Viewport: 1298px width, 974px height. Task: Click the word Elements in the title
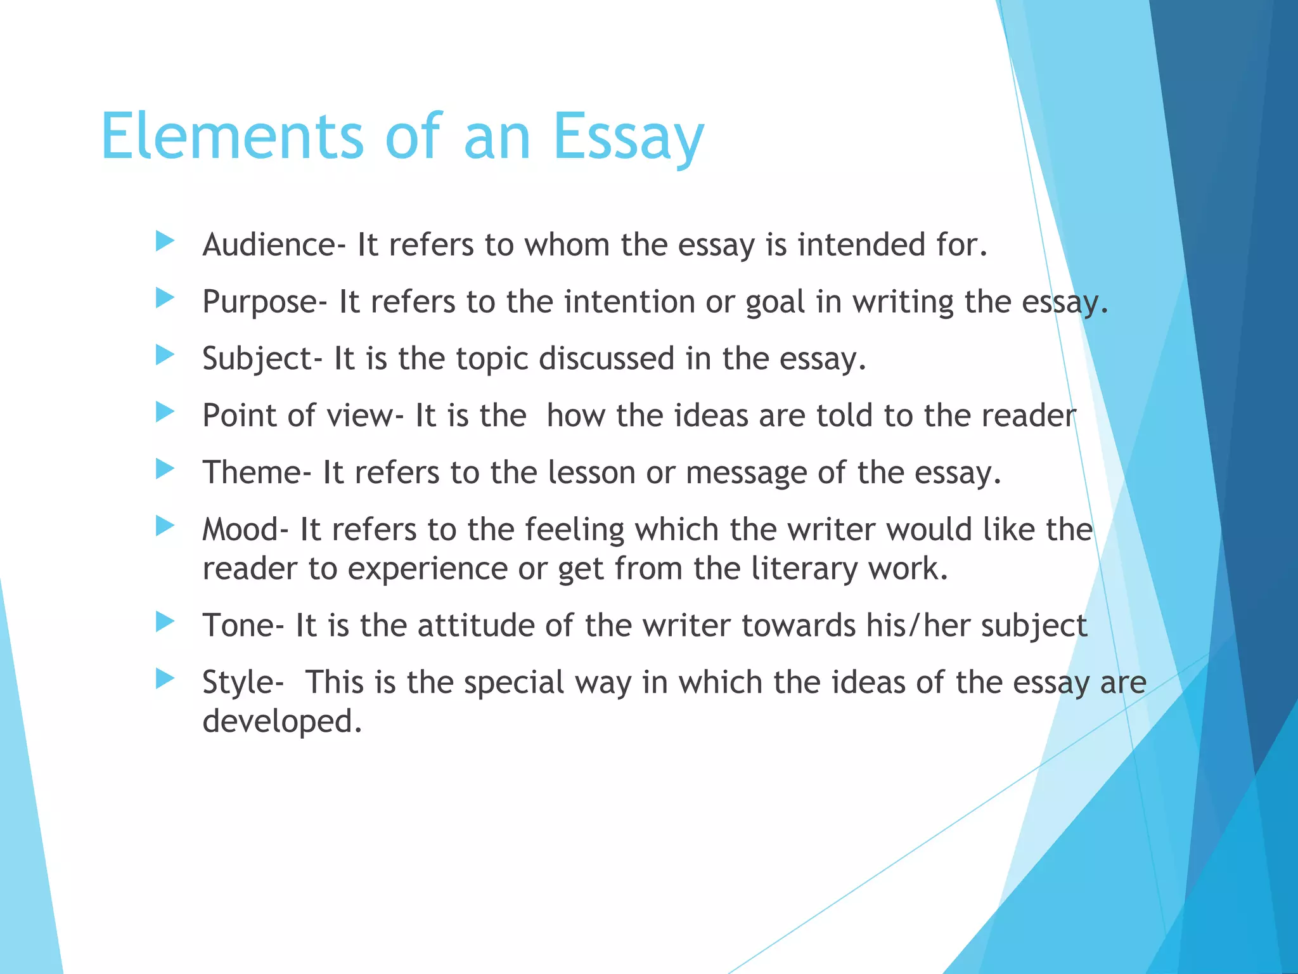pyautogui.click(x=232, y=136)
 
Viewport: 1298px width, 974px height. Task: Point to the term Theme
pyautogui.click(x=252, y=473)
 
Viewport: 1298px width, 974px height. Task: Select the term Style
pyautogui.click(x=238, y=684)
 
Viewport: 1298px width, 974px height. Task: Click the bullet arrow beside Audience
pyautogui.click(x=165, y=241)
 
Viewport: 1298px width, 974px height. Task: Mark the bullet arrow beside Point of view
pyautogui.click(x=165, y=412)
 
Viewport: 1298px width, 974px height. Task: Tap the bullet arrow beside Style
pyautogui.click(x=165, y=679)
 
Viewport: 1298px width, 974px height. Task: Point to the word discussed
pyautogui.click(x=607, y=359)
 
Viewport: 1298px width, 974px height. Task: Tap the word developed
pyautogui.click(x=282, y=722)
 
